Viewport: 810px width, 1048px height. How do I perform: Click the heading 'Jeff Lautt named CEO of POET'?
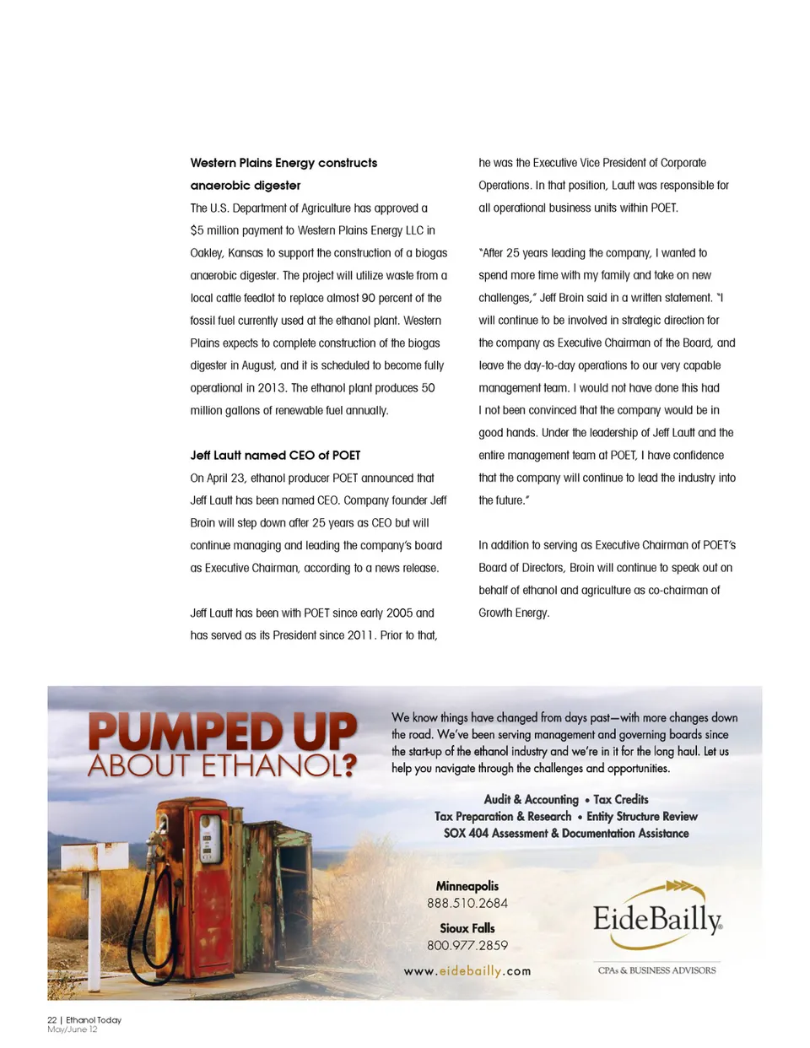(x=275, y=456)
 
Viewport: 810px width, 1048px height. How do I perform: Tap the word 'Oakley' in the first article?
(x=208, y=253)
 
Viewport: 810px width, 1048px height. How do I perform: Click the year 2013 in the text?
(x=272, y=388)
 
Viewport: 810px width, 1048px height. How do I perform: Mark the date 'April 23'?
(x=227, y=478)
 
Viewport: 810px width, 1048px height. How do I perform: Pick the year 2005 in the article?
(x=399, y=613)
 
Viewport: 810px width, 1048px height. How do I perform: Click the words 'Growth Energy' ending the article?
(x=513, y=613)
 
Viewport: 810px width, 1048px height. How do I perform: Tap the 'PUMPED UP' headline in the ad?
(x=223, y=731)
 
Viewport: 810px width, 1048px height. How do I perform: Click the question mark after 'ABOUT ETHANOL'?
(x=349, y=766)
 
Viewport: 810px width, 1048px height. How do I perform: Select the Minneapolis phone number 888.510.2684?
(x=467, y=904)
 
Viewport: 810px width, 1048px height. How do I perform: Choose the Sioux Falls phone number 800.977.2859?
(x=467, y=946)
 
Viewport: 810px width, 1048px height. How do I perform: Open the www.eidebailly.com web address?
(x=467, y=971)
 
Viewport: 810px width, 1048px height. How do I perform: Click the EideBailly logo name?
(x=656, y=919)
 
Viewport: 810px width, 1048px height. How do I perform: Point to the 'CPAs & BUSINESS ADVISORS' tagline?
(x=656, y=970)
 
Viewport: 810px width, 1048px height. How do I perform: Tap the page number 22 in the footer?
(x=51, y=1020)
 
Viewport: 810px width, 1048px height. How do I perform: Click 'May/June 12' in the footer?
(x=73, y=1029)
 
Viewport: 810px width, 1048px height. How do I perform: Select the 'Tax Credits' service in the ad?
(x=621, y=800)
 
